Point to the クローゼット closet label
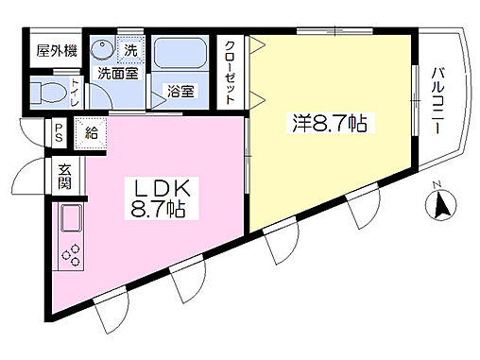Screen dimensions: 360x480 [231, 71]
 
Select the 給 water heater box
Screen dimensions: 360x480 [94, 132]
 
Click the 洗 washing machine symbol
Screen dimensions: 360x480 [130, 49]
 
